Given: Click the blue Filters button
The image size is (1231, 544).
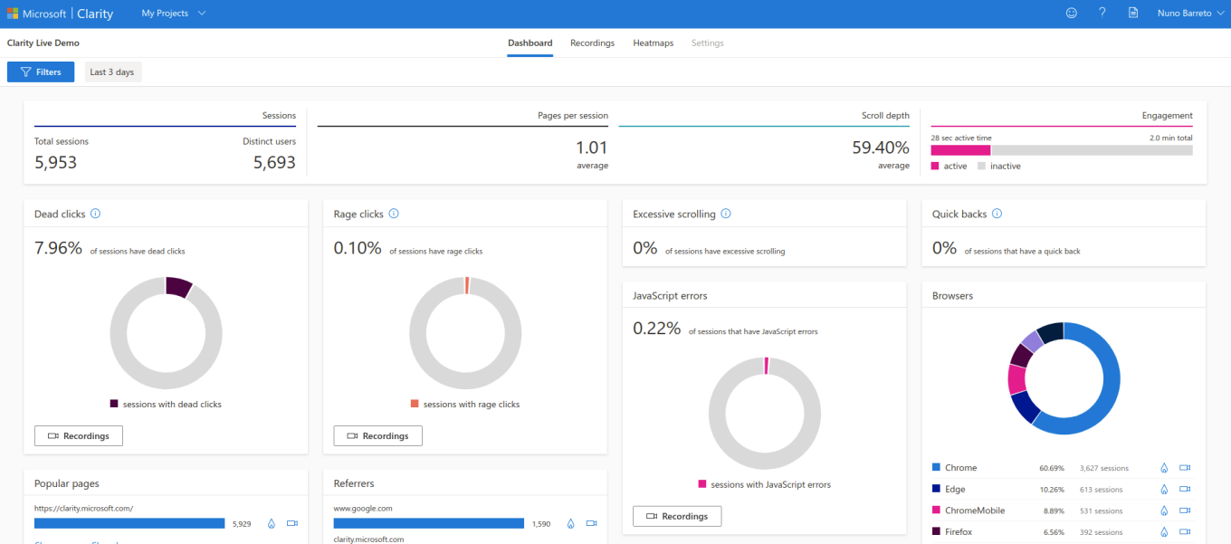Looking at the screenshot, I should pyautogui.click(x=41, y=72).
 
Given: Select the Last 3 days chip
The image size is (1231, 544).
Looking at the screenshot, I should pyautogui.click(x=112, y=72).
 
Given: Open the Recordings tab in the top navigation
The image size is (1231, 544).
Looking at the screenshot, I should pyautogui.click(x=592, y=43).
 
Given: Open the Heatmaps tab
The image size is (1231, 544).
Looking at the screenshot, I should pyautogui.click(x=653, y=43).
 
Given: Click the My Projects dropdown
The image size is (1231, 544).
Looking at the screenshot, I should pyautogui.click(x=174, y=14).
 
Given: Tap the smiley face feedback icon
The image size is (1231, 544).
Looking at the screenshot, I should pyautogui.click(x=1072, y=14).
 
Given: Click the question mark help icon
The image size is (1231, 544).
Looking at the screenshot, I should pyautogui.click(x=1102, y=14).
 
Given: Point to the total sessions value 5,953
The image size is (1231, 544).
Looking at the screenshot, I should pyautogui.click(x=56, y=163).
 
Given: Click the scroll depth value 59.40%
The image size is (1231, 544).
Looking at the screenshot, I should pyautogui.click(x=880, y=148).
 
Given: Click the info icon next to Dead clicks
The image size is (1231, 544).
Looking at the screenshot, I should pyautogui.click(x=95, y=215).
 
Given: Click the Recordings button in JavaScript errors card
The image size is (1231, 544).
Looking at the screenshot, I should pyautogui.click(x=677, y=516).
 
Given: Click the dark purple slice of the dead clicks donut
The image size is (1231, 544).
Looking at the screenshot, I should pyautogui.click(x=177, y=286).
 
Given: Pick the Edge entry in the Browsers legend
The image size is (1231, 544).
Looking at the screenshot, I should pyautogui.click(x=955, y=489).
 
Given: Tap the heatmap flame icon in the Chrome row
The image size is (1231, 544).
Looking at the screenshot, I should pyautogui.click(x=1165, y=468).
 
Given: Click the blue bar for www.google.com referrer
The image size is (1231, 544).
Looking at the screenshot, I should pyautogui.click(x=428, y=523).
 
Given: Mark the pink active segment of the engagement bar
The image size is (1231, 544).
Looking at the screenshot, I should pyautogui.click(x=960, y=150).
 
